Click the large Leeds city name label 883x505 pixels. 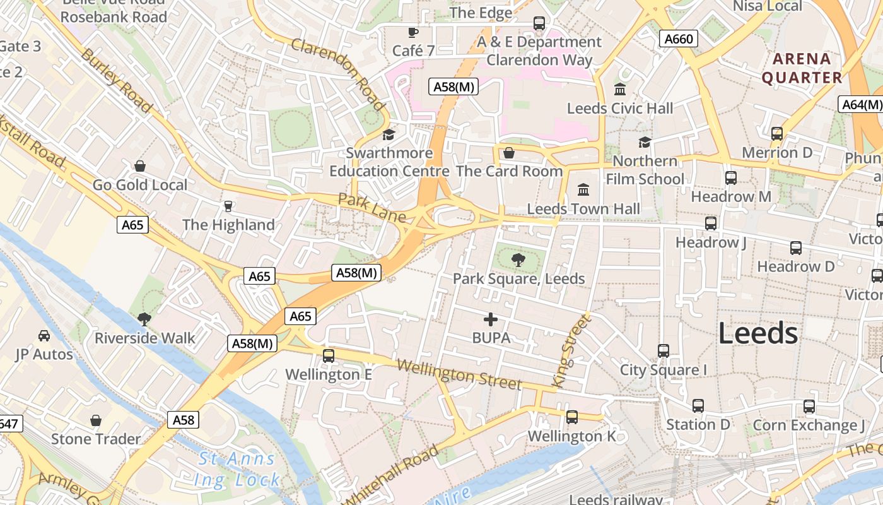point(758,333)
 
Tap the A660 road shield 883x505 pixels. point(679,39)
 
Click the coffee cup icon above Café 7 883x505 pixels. point(413,32)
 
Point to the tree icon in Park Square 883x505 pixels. point(518,259)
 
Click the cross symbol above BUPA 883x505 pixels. point(491,319)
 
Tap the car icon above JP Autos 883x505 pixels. point(44,335)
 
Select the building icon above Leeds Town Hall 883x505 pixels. point(583,189)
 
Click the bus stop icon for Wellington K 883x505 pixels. point(572,417)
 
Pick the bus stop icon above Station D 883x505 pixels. point(698,406)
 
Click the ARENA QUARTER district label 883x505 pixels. point(802,68)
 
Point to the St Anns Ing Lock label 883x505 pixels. point(237,469)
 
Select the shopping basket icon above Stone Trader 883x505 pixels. point(96,420)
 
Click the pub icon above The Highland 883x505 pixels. point(228,206)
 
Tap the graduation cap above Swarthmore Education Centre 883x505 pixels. point(389,134)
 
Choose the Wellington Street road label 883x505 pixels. point(459,374)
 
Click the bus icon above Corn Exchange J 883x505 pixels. point(809,407)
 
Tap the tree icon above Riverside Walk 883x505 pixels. point(144,319)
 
